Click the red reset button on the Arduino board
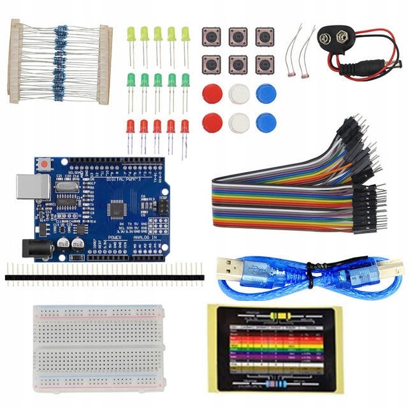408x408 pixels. click(x=44, y=164)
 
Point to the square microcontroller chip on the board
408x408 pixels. click(x=119, y=207)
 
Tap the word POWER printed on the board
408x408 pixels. click(x=114, y=237)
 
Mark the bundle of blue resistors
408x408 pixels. click(x=61, y=61)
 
